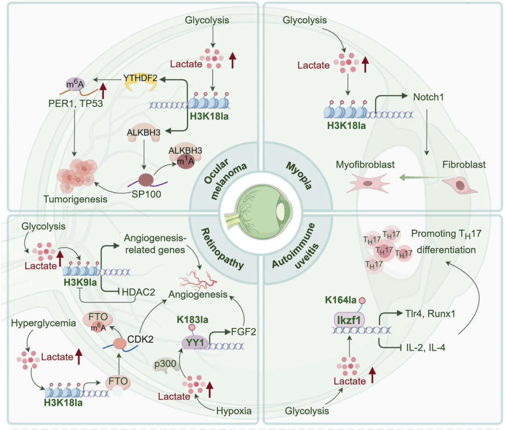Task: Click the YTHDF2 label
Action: click(140, 78)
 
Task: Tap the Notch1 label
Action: click(428, 97)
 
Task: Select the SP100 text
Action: click(146, 194)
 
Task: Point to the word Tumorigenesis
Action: click(75, 199)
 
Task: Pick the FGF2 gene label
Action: click(244, 331)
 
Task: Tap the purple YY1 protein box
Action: click(195, 343)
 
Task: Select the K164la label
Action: click(341, 300)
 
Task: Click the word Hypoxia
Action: click(234, 411)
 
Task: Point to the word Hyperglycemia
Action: click(43, 323)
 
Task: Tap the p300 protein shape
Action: click(165, 365)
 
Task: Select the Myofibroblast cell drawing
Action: click(368, 183)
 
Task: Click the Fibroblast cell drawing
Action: click(459, 186)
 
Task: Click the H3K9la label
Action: click(80, 283)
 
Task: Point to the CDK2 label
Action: click(140, 339)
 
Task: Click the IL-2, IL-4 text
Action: click(426, 348)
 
